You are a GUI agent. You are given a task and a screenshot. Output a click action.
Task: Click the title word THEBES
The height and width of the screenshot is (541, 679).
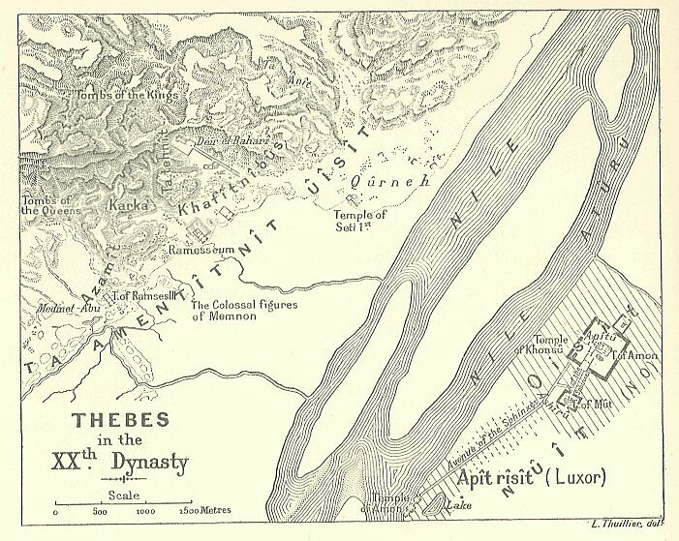point(122,420)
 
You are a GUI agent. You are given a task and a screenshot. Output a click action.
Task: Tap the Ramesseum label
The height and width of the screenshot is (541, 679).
point(201,250)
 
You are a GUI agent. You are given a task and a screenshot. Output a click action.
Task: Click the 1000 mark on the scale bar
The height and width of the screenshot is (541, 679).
point(145,510)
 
